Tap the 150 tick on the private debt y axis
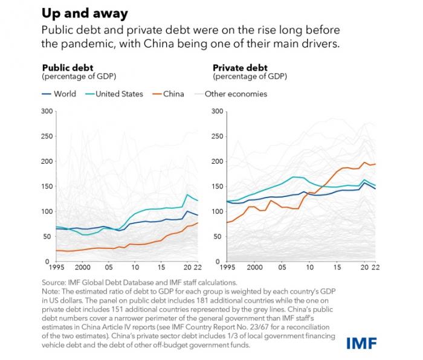point(218,186)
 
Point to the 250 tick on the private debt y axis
point(218,136)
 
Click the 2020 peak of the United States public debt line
point(187,195)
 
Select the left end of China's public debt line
point(56,250)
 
